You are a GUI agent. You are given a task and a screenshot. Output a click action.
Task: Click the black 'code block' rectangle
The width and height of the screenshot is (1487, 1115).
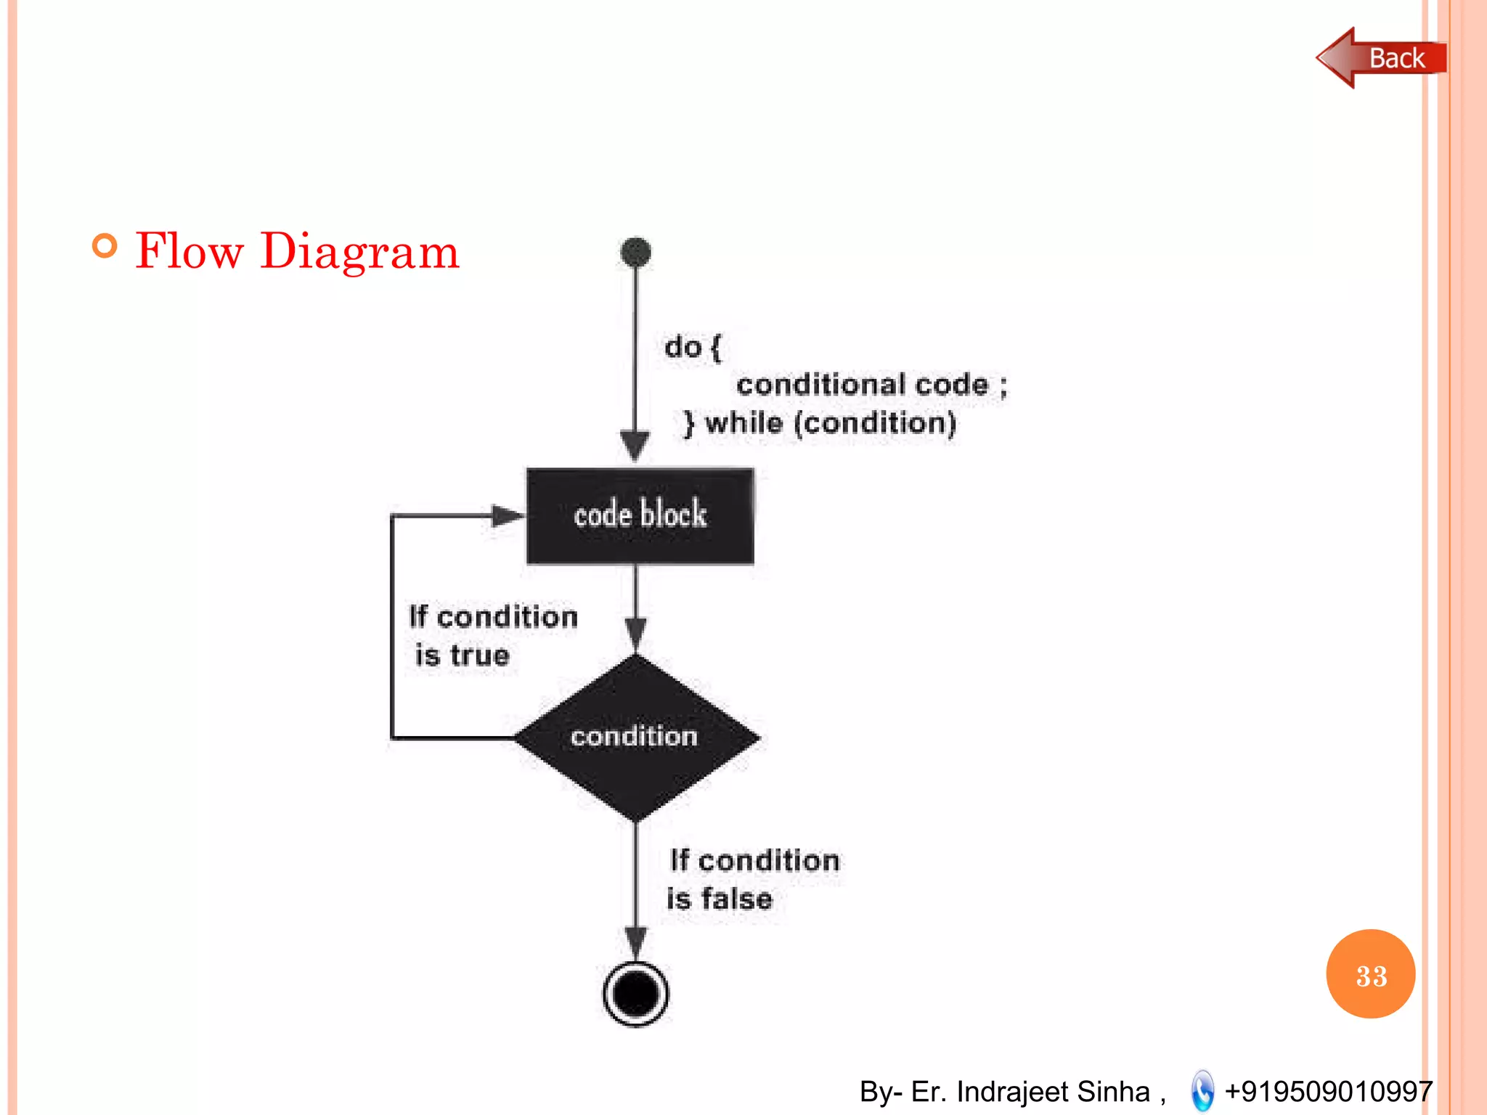point(640,516)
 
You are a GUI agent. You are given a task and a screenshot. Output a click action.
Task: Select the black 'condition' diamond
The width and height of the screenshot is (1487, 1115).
point(636,738)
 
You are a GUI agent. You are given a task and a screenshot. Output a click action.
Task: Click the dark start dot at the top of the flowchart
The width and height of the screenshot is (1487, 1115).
point(636,252)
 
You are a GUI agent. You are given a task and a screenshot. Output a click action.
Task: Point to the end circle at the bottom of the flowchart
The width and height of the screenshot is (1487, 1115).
point(636,993)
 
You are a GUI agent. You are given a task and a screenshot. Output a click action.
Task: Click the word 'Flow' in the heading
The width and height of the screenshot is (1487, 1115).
point(189,251)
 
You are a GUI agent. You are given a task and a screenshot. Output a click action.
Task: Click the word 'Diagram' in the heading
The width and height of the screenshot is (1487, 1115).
point(359,251)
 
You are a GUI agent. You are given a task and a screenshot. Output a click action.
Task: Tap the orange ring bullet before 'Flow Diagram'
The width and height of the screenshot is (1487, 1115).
point(105,246)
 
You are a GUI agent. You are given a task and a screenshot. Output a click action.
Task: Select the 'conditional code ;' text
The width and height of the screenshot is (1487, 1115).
point(871,385)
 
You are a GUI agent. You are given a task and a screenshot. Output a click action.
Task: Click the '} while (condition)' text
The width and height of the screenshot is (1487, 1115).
point(820,423)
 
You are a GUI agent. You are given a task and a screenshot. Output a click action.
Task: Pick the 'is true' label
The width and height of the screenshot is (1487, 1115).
point(463,655)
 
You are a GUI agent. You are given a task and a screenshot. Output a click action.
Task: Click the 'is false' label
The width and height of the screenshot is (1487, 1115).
point(720,899)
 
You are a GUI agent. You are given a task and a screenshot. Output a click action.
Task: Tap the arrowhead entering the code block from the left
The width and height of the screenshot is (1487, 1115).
point(508,516)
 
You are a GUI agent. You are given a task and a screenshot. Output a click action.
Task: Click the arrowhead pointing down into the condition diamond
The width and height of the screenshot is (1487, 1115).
point(636,633)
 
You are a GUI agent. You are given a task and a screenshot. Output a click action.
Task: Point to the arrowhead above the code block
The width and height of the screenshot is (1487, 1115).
point(635,444)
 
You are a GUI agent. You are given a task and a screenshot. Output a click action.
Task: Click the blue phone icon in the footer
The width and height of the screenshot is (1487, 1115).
point(1202,1091)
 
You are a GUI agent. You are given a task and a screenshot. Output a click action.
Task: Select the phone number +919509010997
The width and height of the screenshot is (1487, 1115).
point(1328,1091)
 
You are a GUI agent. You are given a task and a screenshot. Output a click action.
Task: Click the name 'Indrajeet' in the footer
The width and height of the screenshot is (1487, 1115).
point(1013,1091)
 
